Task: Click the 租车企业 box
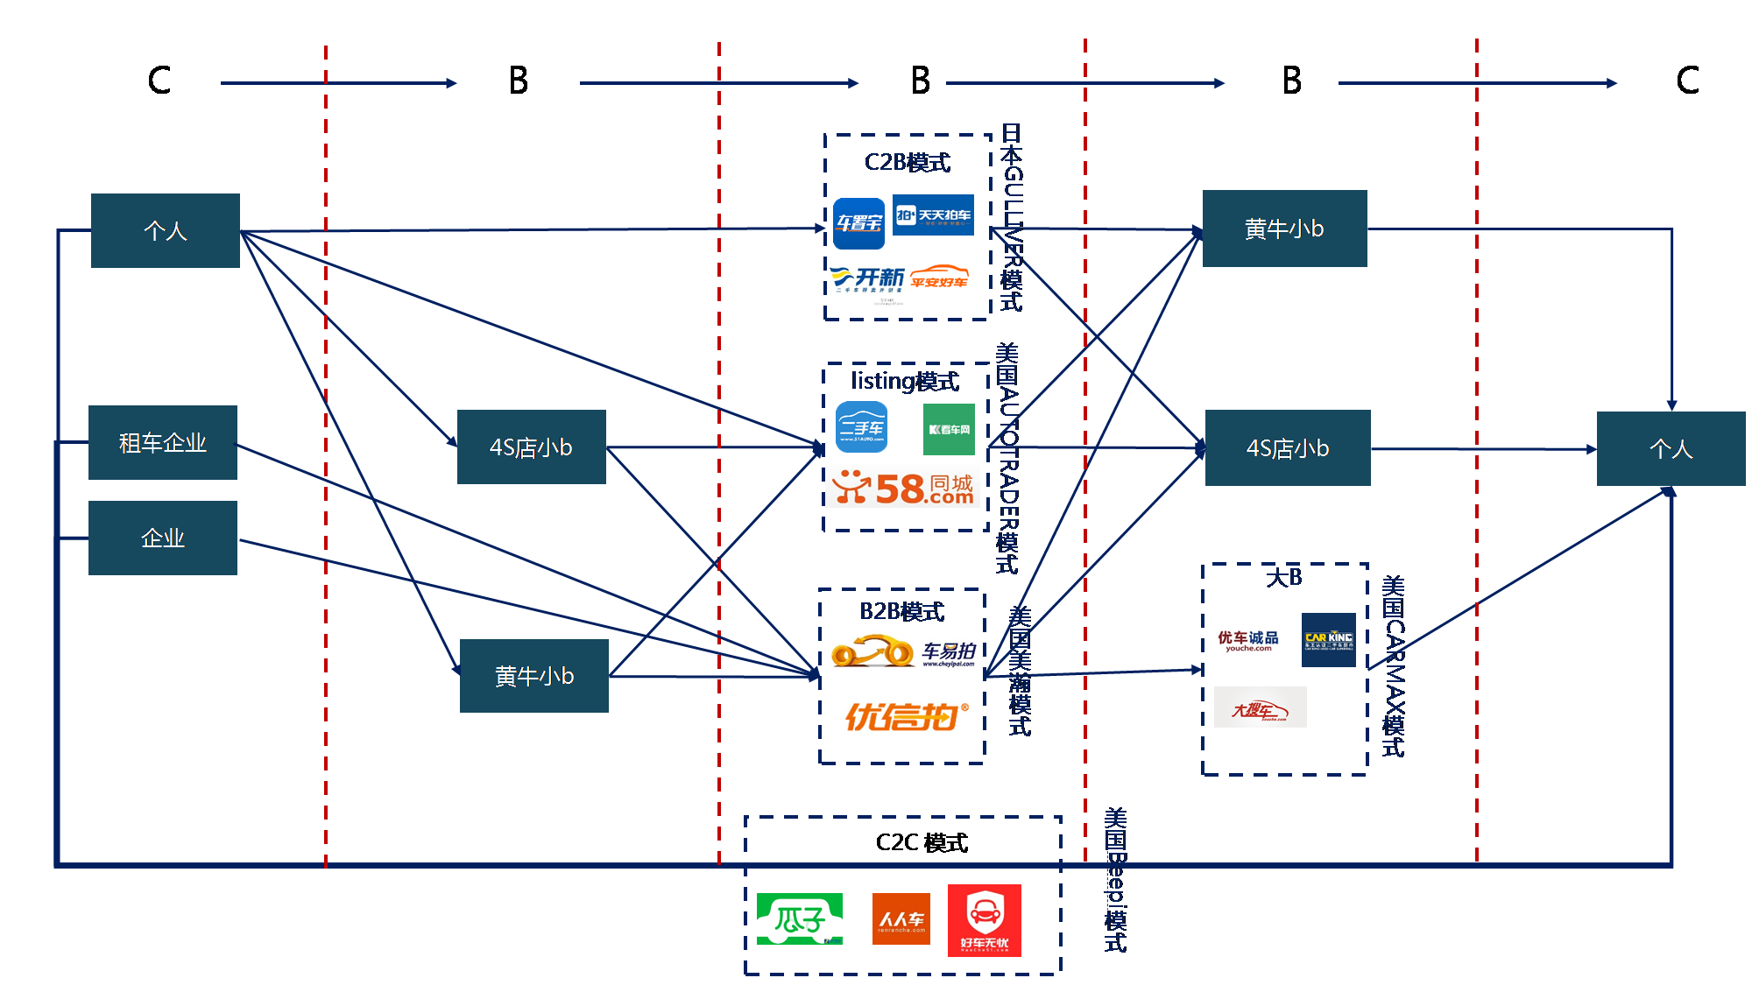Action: point(163,442)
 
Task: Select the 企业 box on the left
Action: point(163,538)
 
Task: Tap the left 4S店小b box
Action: point(531,447)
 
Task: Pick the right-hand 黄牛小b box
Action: point(1284,229)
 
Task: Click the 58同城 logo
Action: point(903,488)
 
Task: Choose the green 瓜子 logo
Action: point(799,918)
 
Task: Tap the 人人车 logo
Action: point(901,918)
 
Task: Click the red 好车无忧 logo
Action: point(985,920)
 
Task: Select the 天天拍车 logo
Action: point(933,215)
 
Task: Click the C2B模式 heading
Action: point(908,163)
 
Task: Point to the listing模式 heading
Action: point(905,382)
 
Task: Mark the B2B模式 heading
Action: point(902,611)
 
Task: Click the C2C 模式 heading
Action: point(922,842)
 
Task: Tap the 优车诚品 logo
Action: point(1248,641)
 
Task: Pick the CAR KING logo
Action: point(1329,640)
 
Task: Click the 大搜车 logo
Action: point(1260,708)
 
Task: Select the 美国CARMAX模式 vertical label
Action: point(1393,665)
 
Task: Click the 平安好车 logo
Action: point(940,278)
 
